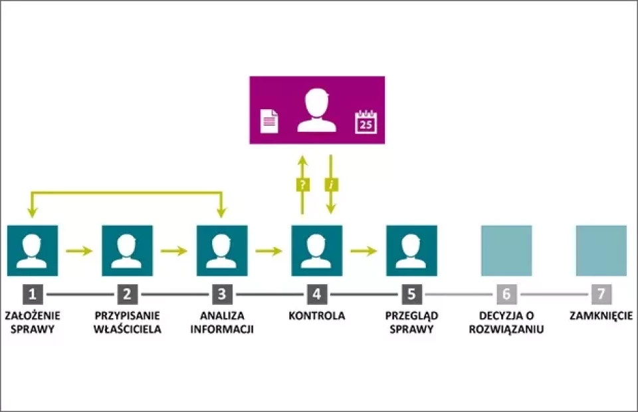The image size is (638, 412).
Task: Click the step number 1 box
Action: (32, 294)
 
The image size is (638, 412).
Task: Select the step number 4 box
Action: (317, 294)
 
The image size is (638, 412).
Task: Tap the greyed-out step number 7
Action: (601, 294)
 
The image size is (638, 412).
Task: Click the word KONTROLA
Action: (317, 315)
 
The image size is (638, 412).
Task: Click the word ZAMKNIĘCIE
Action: (601, 315)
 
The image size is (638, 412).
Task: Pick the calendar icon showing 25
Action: (366, 123)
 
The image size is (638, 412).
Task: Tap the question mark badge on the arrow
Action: (302, 185)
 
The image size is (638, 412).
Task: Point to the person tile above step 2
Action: (127, 250)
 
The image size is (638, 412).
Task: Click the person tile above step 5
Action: (412, 250)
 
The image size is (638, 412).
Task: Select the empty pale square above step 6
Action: (506, 250)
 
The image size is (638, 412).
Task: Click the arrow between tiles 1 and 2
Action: (80, 251)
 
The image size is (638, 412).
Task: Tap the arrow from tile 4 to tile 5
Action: (364, 251)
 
